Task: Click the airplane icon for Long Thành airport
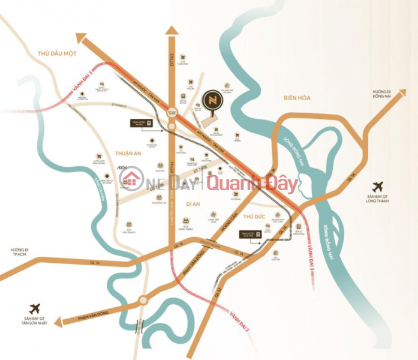[378, 187]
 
